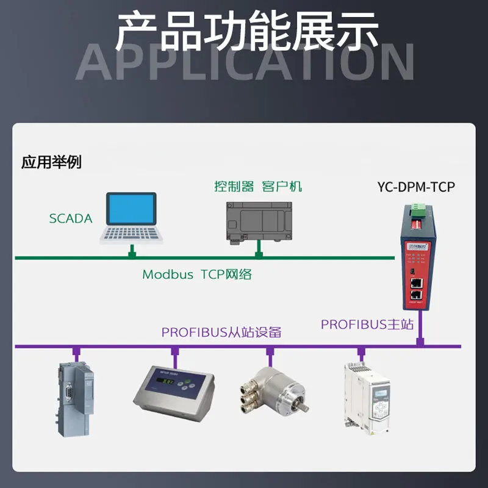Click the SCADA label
71,218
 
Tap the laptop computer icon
130,218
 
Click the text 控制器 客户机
257,187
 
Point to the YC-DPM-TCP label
416,187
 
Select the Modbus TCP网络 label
197,274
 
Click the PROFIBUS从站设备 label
221,332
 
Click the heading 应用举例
51,162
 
